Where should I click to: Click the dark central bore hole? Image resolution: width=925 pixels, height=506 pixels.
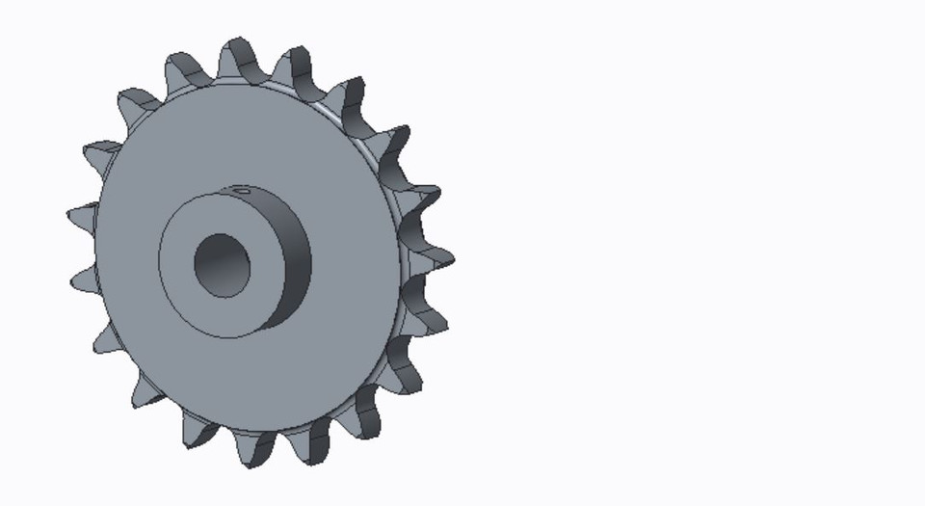222,265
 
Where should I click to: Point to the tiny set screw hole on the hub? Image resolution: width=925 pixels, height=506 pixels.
244,191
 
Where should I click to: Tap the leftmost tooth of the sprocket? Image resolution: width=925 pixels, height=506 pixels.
82,218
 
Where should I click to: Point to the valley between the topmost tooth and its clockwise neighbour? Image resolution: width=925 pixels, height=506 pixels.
266,75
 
